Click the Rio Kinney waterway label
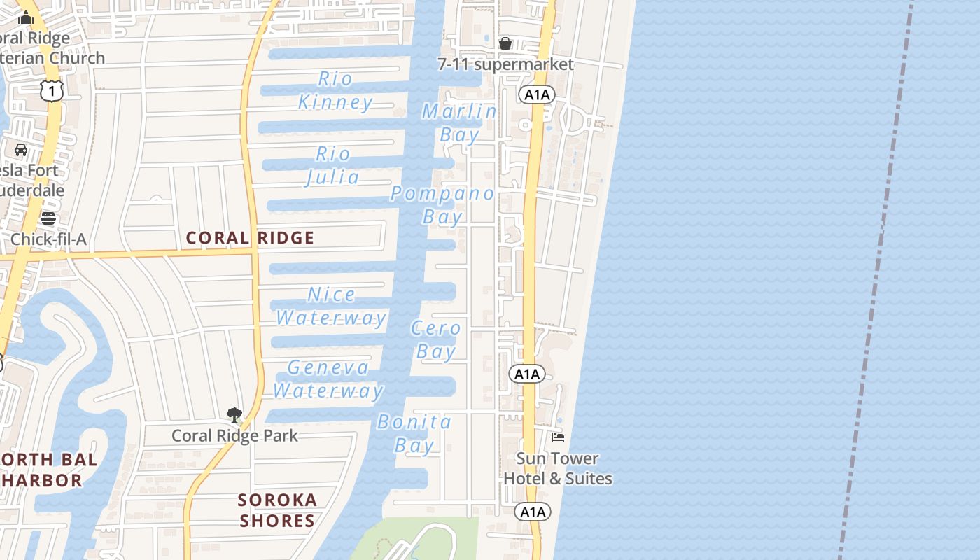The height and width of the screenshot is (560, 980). [336, 90]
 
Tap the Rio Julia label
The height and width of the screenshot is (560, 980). [333, 165]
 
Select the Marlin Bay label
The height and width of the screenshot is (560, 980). [460, 122]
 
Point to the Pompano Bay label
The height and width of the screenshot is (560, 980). [442, 204]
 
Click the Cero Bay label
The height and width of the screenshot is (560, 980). [436, 339]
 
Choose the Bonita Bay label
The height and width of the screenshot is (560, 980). [414, 433]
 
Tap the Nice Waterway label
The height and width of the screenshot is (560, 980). [331, 306]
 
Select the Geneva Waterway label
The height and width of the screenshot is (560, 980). [328, 379]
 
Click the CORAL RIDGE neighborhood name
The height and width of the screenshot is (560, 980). [250, 238]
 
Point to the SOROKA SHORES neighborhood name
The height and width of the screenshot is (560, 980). [277, 510]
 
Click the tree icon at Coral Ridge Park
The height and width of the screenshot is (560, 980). [234, 415]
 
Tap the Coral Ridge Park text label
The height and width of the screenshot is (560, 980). [234, 435]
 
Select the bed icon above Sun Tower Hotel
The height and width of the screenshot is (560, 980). [558, 437]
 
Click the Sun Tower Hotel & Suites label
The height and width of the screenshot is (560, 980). [558, 468]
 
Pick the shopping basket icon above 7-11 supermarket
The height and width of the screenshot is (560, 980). [505, 44]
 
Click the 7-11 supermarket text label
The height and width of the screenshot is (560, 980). [505, 64]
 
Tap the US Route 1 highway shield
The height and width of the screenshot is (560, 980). [52, 90]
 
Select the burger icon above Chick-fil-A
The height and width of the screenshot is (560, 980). [48, 218]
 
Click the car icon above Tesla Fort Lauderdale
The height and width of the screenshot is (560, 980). [21, 150]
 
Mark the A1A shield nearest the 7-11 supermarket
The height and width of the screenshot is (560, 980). [537, 94]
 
